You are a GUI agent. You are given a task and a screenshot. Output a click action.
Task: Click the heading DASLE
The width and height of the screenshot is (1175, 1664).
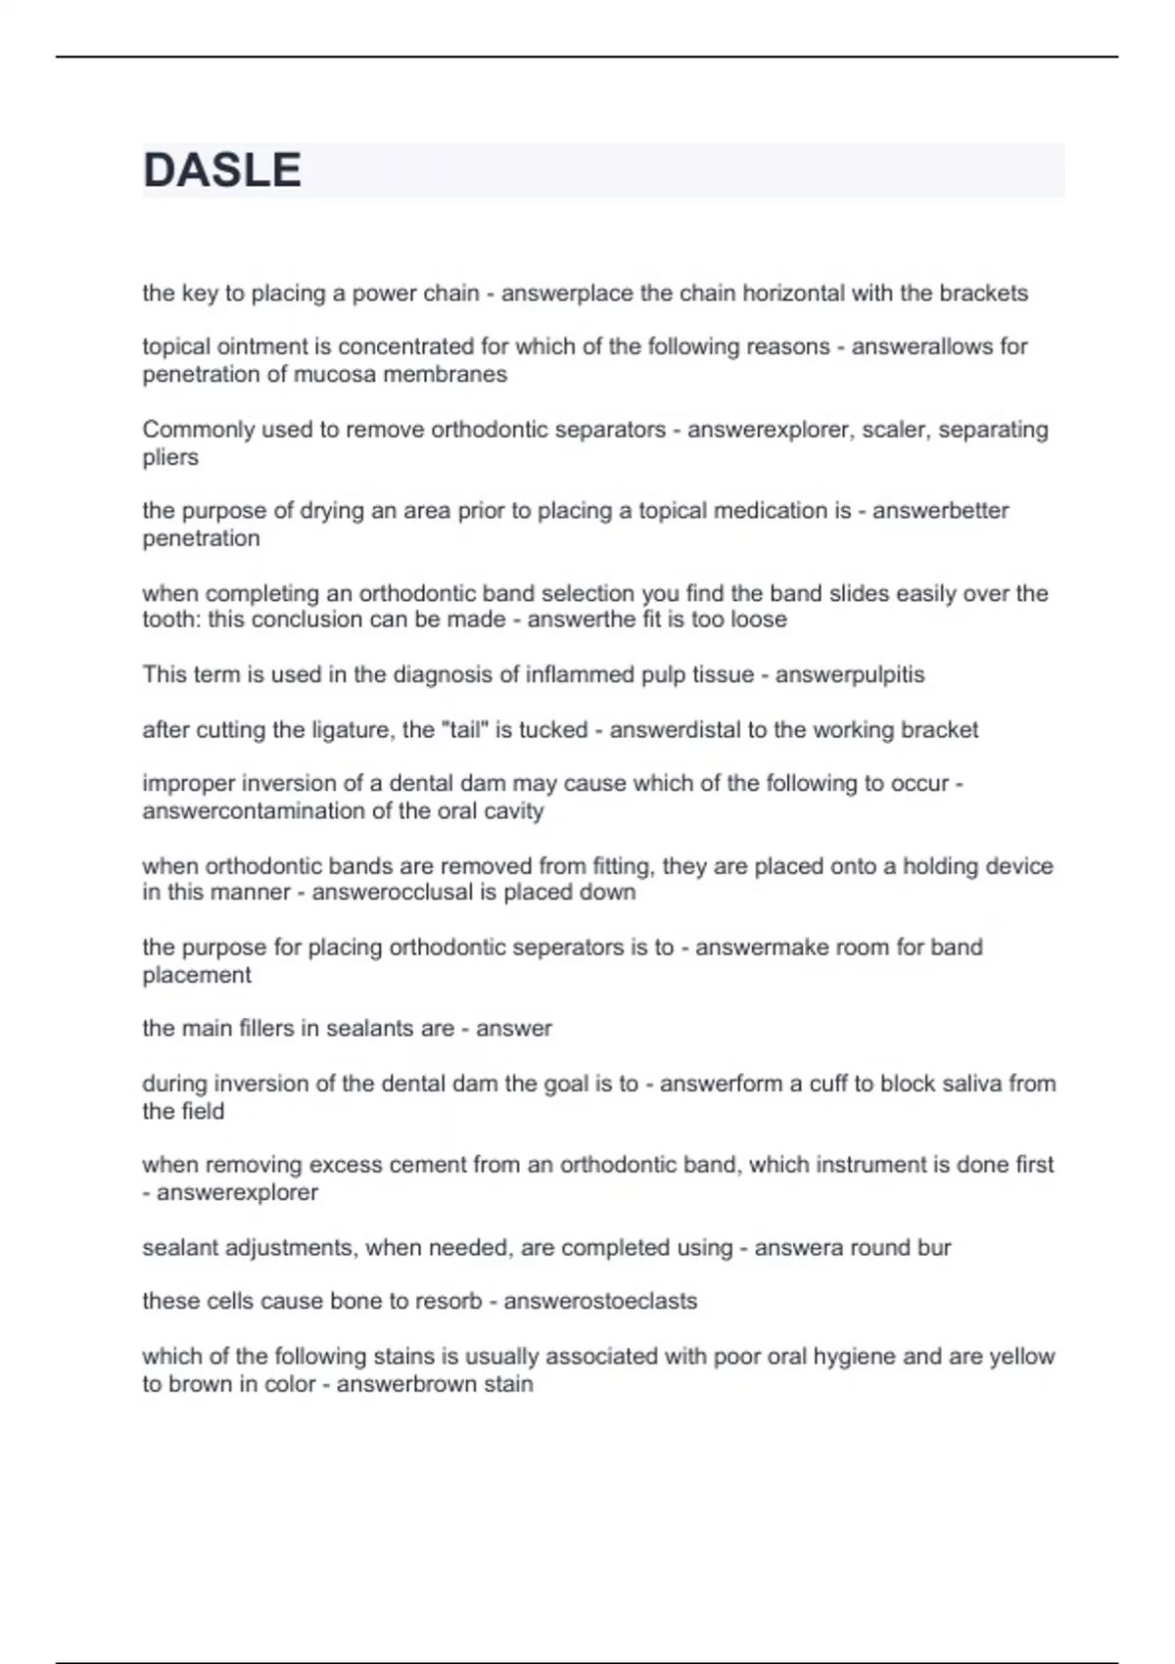tap(222, 170)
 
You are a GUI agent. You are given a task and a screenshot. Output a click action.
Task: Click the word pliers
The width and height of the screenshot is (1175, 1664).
tap(170, 457)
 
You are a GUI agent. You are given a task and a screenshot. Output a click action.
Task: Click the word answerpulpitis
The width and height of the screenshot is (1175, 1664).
tap(850, 674)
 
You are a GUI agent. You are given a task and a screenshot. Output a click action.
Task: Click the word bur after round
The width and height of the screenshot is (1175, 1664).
tap(934, 1248)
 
